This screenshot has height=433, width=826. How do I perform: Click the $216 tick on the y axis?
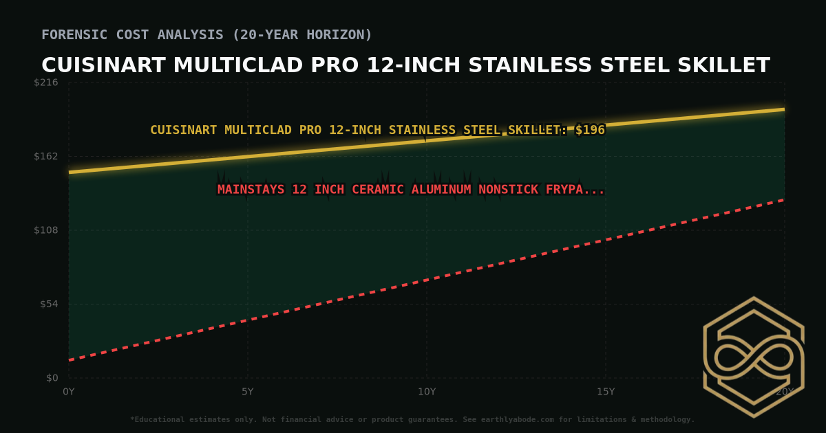point(47,82)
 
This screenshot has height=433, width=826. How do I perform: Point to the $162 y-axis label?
point(47,156)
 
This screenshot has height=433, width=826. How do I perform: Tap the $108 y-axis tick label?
point(47,230)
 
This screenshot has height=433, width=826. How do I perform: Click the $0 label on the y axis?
point(52,377)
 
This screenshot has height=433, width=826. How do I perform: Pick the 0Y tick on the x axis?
point(69,392)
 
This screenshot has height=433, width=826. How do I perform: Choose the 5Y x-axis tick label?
point(248,392)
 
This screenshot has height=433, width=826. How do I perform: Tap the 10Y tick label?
point(427,392)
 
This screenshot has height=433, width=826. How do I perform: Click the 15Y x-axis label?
point(606,392)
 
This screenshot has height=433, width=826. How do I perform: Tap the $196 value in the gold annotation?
point(590,130)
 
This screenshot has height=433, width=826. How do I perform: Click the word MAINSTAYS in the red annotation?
point(251,190)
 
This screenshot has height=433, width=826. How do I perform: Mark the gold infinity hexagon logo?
point(754,357)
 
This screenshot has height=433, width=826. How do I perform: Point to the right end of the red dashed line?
point(784,200)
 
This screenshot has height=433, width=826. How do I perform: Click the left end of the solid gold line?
point(70,172)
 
